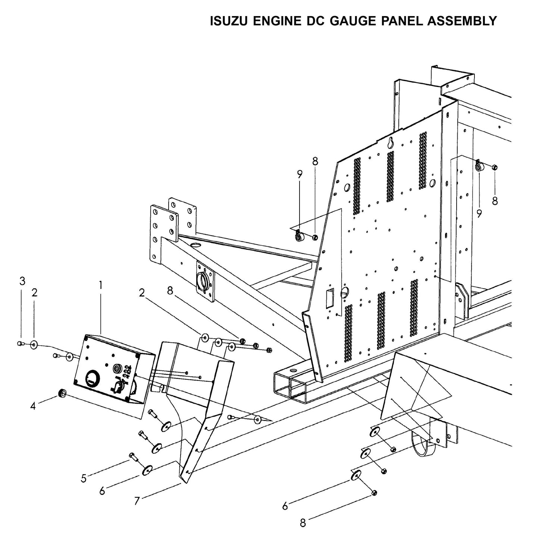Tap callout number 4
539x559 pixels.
[x=33, y=406]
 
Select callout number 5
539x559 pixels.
[x=84, y=478]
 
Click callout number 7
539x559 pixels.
[x=137, y=501]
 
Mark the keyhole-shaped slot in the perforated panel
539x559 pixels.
[x=390, y=142]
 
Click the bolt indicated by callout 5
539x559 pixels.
[x=133, y=456]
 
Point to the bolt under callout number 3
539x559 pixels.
[x=21, y=344]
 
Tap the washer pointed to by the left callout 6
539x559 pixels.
[x=147, y=470]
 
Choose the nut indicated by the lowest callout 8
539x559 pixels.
[x=374, y=493]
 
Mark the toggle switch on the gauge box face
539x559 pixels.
[x=116, y=385]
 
